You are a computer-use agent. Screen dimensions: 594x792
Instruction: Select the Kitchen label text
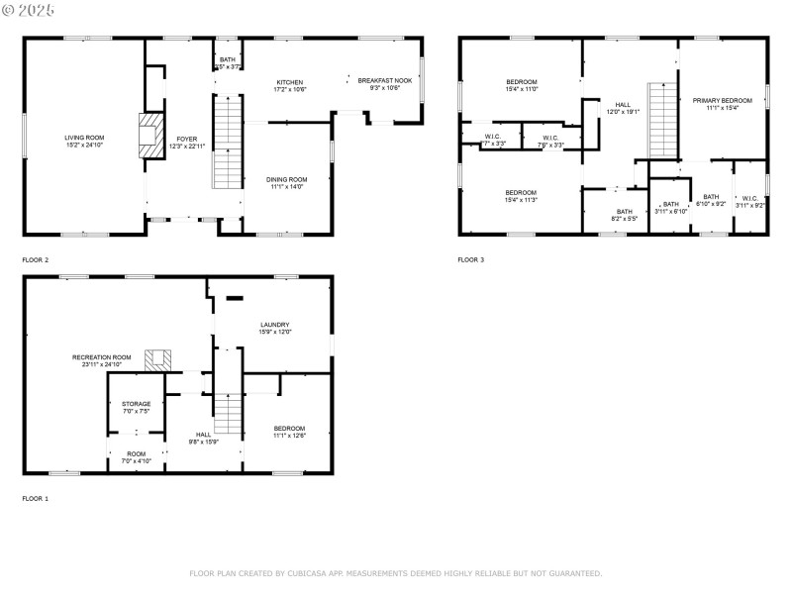click(290, 82)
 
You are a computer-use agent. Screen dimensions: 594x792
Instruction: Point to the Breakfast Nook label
click(378, 82)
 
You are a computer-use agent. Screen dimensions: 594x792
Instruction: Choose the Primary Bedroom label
click(723, 100)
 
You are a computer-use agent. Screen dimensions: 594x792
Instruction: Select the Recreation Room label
click(101, 357)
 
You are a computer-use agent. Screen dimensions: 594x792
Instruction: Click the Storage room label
click(137, 404)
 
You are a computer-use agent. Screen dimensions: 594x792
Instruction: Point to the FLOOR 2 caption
click(36, 260)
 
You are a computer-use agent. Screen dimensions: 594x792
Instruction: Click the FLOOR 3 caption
click(471, 260)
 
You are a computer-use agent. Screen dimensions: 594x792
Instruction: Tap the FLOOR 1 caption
click(36, 499)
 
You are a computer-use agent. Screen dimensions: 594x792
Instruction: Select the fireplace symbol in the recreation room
click(156, 359)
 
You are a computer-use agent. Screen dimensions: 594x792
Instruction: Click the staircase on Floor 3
click(661, 120)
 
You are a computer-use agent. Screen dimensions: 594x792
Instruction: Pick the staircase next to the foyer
click(228, 142)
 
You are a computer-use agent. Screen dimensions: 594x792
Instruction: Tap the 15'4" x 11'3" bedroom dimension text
click(521, 200)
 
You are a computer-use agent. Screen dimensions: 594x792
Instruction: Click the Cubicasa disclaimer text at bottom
click(396, 573)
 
